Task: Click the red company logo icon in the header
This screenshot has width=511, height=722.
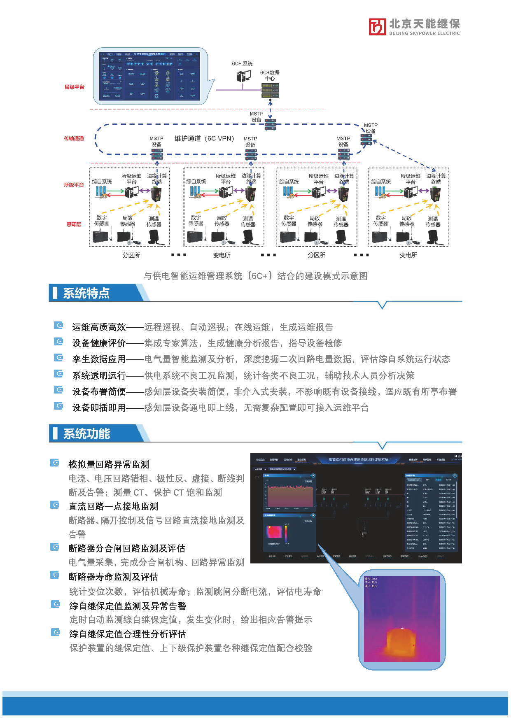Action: (377, 27)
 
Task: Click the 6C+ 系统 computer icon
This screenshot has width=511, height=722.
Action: (243, 76)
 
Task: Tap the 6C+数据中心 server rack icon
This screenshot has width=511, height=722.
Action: (270, 90)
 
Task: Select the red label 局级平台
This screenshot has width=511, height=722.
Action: (74, 87)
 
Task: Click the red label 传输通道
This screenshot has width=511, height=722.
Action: (74, 139)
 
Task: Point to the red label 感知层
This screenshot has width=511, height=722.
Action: (74, 224)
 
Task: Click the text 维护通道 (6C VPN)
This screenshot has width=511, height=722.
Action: (204, 139)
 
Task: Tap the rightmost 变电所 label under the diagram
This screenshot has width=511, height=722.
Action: (408, 255)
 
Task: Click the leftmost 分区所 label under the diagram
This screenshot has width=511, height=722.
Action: (131, 255)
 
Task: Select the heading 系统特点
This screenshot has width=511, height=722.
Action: (86, 293)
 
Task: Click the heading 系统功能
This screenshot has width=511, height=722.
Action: (86, 434)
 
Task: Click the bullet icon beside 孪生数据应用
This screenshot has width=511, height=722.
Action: (59, 358)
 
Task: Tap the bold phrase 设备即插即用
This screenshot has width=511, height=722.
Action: (99, 408)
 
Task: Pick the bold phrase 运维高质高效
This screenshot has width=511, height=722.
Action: (99, 327)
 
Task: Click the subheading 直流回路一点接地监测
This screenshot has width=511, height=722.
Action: (113, 506)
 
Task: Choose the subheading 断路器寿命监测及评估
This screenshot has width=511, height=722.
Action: (113, 577)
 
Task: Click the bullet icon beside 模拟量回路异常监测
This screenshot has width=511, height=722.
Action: (55, 463)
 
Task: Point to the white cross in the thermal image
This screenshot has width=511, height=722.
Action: (402, 629)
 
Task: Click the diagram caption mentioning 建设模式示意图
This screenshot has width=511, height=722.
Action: (255, 276)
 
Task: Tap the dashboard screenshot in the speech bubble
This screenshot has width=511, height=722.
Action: (150, 76)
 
